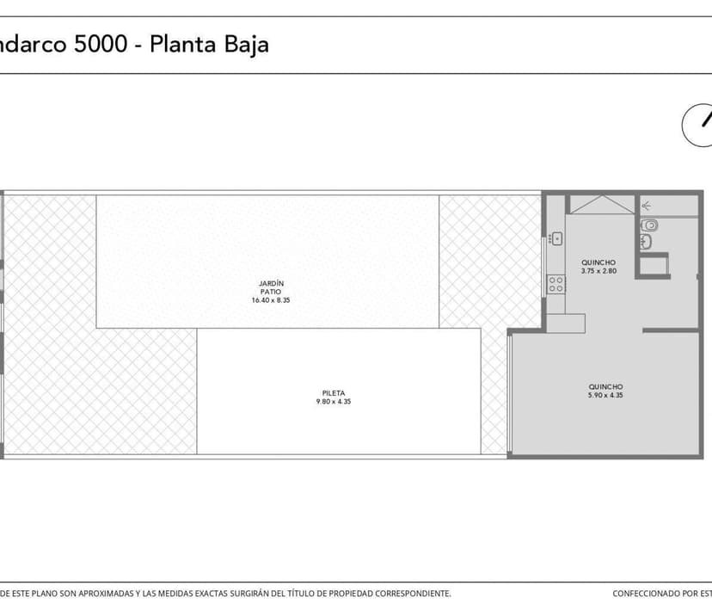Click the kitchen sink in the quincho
(x=556, y=238)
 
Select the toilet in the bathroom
(x=651, y=225)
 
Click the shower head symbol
(x=646, y=206)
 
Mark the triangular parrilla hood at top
(x=602, y=205)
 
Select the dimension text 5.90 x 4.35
(x=605, y=396)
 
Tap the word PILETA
(x=333, y=393)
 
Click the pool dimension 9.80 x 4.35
(x=333, y=402)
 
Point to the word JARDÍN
(x=271, y=283)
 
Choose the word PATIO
(x=271, y=292)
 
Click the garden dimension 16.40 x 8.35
(x=271, y=300)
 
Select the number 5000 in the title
(x=104, y=44)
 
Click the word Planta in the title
(x=180, y=44)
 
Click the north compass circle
(x=701, y=125)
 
